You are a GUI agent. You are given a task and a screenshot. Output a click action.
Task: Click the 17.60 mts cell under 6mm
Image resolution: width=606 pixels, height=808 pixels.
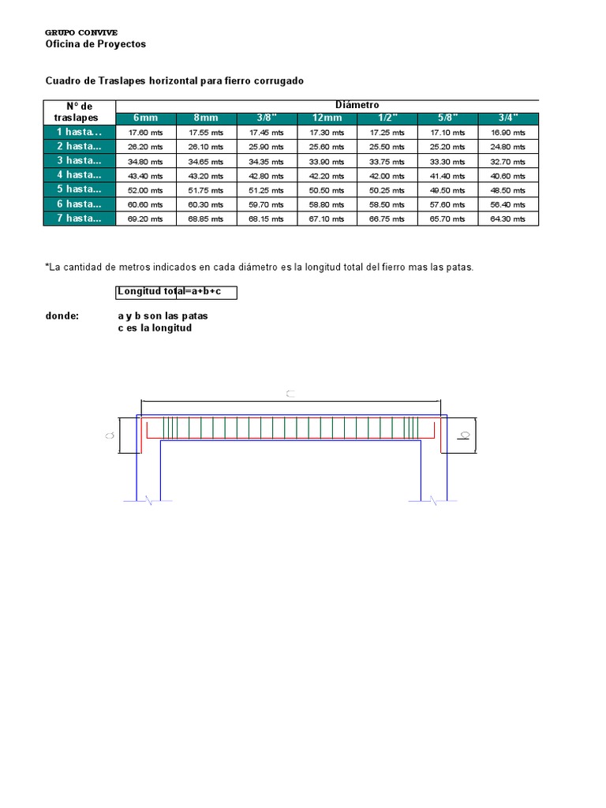tap(146, 133)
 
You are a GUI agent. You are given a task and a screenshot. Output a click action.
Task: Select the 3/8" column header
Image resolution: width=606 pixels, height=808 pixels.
tap(267, 118)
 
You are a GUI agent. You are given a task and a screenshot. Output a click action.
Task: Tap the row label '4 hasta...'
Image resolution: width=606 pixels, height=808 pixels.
tap(80, 175)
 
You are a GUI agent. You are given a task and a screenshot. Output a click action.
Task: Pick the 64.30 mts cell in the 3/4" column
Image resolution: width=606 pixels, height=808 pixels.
tap(508, 219)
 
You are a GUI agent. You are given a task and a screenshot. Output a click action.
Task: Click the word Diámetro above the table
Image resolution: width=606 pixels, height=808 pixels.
tap(357, 105)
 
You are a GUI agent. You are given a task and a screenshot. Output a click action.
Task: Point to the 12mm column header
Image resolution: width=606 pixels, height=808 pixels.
tap(327, 118)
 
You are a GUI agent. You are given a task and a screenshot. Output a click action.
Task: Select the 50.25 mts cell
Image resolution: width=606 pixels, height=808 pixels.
tap(387, 190)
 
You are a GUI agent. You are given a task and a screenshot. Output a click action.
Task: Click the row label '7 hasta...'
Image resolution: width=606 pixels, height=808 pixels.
tap(80, 219)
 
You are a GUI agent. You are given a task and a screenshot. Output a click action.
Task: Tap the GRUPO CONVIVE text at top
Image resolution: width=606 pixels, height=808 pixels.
tap(81, 32)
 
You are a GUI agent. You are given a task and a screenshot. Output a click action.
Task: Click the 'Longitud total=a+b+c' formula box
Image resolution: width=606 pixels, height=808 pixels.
tap(176, 292)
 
